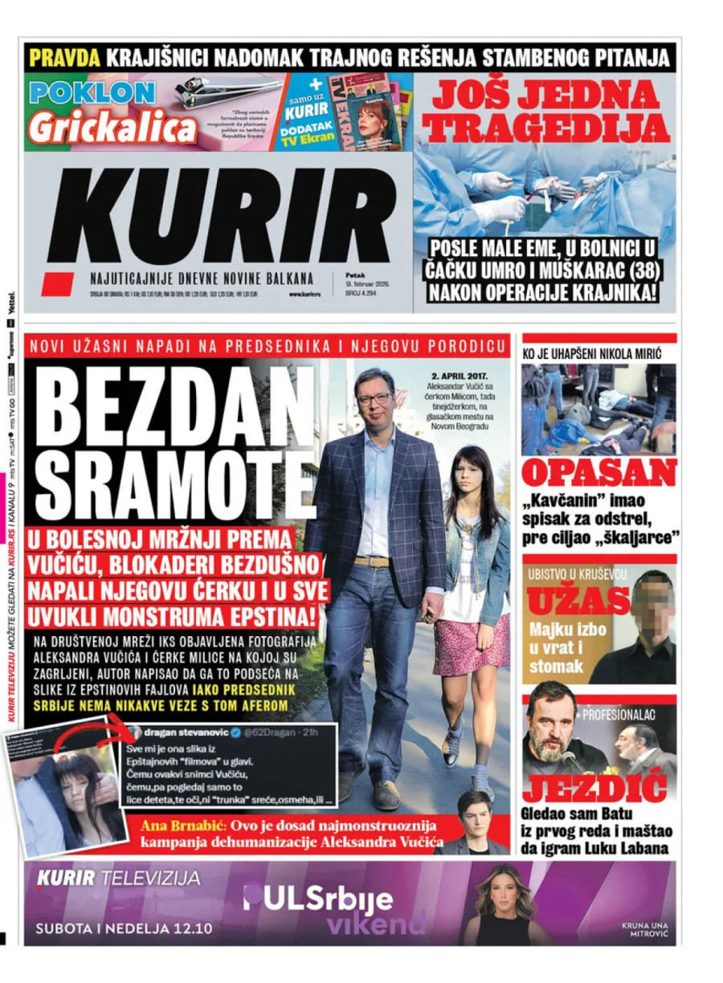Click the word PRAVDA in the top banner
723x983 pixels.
pos(64,58)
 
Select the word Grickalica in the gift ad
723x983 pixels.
pos(112,128)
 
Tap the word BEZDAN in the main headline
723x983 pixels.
pos(175,410)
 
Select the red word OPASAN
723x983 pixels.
pos(598,474)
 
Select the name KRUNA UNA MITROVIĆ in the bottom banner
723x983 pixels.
pos(644,930)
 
